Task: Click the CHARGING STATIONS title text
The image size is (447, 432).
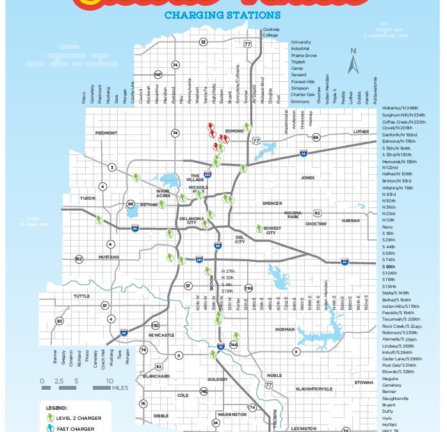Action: pyautogui.click(x=222, y=14)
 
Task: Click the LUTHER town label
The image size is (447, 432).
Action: pyautogui.click(x=361, y=132)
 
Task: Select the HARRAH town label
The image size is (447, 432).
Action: pyautogui.click(x=351, y=220)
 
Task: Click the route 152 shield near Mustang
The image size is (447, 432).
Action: pyautogui.click(x=79, y=259)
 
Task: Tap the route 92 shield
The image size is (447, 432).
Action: pyautogui.click(x=60, y=321)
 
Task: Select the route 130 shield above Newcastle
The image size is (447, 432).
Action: pyautogui.click(x=155, y=325)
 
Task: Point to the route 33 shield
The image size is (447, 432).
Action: pyautogui.click(x=203, y=42)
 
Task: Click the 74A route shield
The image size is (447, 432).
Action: pyautogui.click(x=234, y=346)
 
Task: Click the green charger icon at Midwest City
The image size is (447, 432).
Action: pyautogui.click(x=259, y=228)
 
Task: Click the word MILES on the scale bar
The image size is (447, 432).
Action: pyautogui.click(x=119, y=388)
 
